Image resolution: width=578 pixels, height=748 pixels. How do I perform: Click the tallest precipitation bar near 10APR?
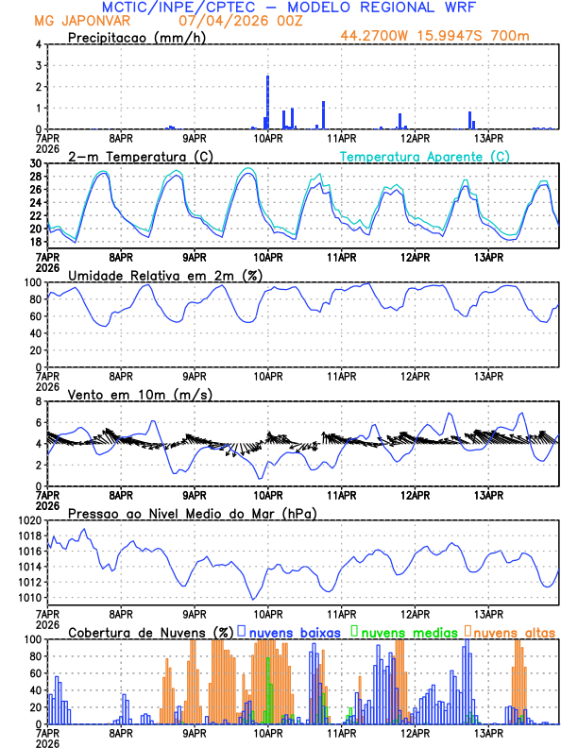(x=268, y=102)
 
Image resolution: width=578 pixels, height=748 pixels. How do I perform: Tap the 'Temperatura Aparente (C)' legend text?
(x=424, y=156)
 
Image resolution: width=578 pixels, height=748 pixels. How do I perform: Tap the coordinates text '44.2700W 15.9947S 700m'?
(x=437, y=38)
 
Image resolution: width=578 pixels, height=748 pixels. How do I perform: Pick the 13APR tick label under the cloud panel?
(x=487, y=733)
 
